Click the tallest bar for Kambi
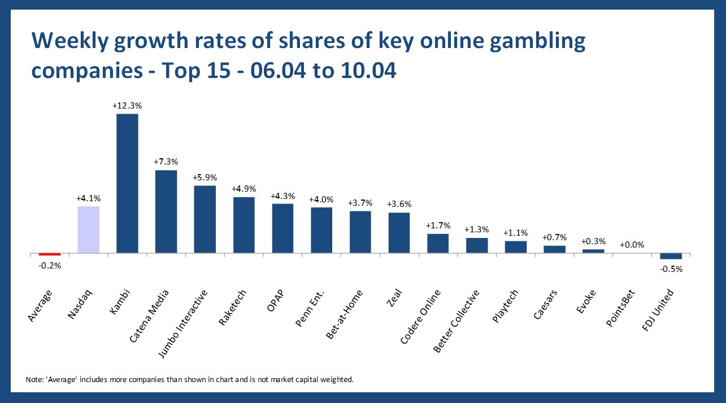127,183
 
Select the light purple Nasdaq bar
88,229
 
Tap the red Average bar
49,254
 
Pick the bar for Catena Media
166,211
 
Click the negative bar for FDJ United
671,256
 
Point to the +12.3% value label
127,106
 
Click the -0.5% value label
671,269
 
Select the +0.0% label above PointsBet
632,245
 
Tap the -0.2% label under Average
49,265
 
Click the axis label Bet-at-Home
344,314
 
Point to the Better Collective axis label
457,320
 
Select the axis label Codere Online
421,316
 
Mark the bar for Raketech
244,225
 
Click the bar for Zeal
399,233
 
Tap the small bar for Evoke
593,251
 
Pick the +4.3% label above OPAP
282,196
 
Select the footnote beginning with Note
189,379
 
